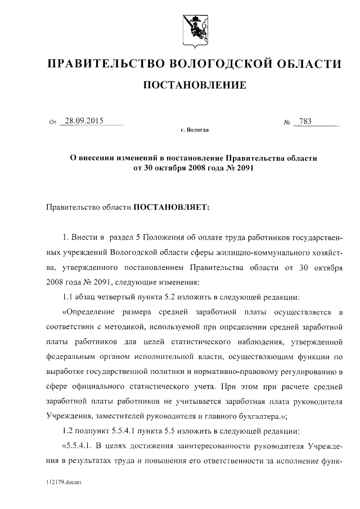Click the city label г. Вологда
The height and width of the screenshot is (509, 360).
coord(195,130)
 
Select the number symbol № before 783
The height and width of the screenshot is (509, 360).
coord(287,121)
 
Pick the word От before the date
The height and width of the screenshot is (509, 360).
coord(53,121)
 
